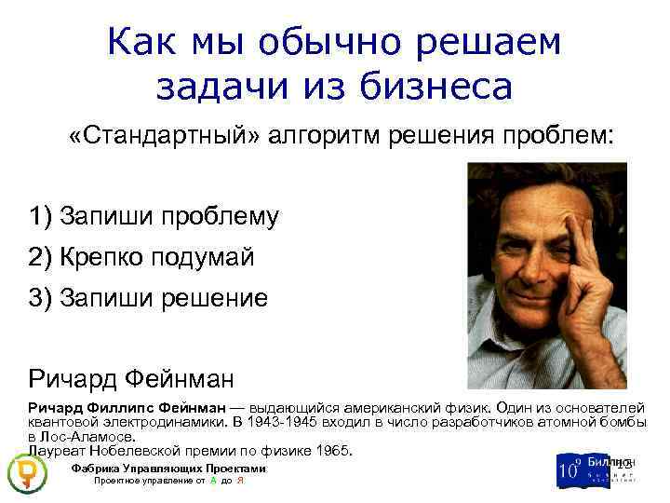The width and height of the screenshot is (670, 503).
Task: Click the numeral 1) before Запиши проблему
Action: coord(40,216)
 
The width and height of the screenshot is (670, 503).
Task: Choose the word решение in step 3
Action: coord(211,298)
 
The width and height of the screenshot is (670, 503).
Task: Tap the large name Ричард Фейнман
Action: coord(130,378)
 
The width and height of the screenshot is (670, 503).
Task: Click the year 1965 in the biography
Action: coord(332,451)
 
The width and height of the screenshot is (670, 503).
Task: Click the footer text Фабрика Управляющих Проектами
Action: coord(167,468)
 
